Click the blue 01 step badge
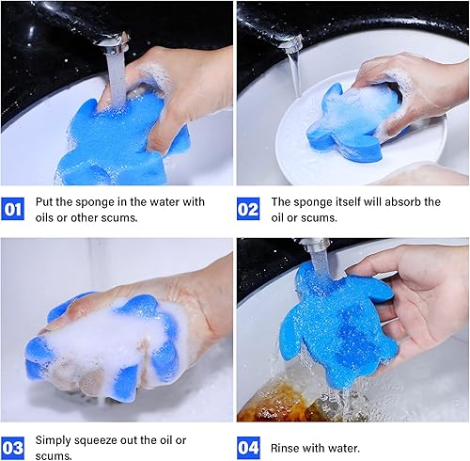14,209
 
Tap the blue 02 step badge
250,209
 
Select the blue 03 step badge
14,447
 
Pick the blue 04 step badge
250,447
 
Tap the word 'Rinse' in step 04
288,447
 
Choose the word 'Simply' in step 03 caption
56,439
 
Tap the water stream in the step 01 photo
110,71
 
